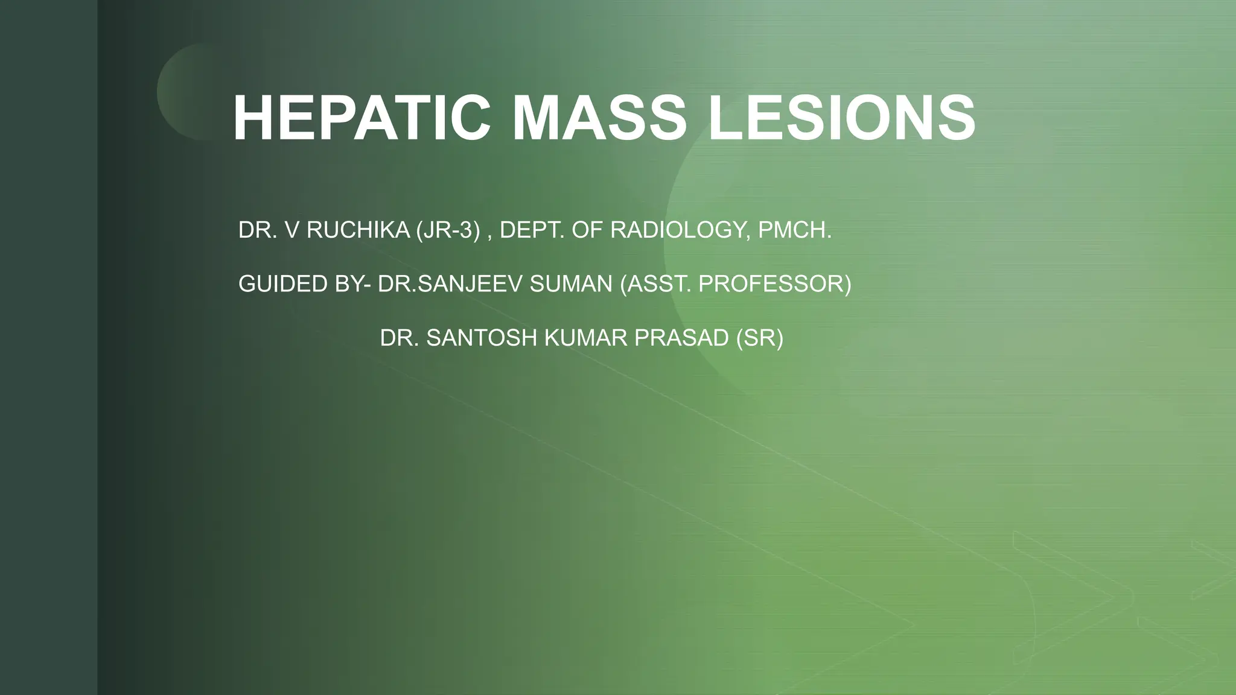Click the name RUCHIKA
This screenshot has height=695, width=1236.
(x=358, y=230)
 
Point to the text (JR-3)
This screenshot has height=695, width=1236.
(x=448, y=230)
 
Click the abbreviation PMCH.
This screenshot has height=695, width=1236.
(x=795, y=230)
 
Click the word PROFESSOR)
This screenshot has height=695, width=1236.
(x=775, y=284)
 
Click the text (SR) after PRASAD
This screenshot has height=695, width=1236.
(x=760, y=338)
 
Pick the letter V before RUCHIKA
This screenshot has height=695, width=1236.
(x=292, y=230)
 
